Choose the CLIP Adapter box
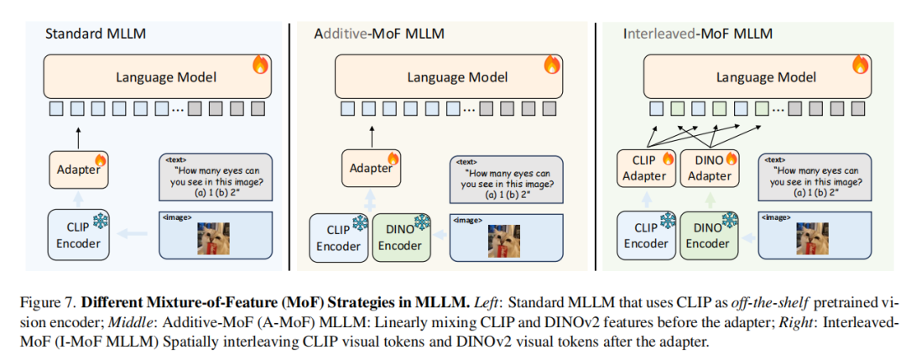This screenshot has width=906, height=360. (x=644, y=168)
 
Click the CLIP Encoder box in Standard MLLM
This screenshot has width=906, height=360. (x=78, y=234)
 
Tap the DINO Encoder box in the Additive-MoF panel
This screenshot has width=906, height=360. (x=399, y=237)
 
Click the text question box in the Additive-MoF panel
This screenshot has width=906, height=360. (x=508, y=179)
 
